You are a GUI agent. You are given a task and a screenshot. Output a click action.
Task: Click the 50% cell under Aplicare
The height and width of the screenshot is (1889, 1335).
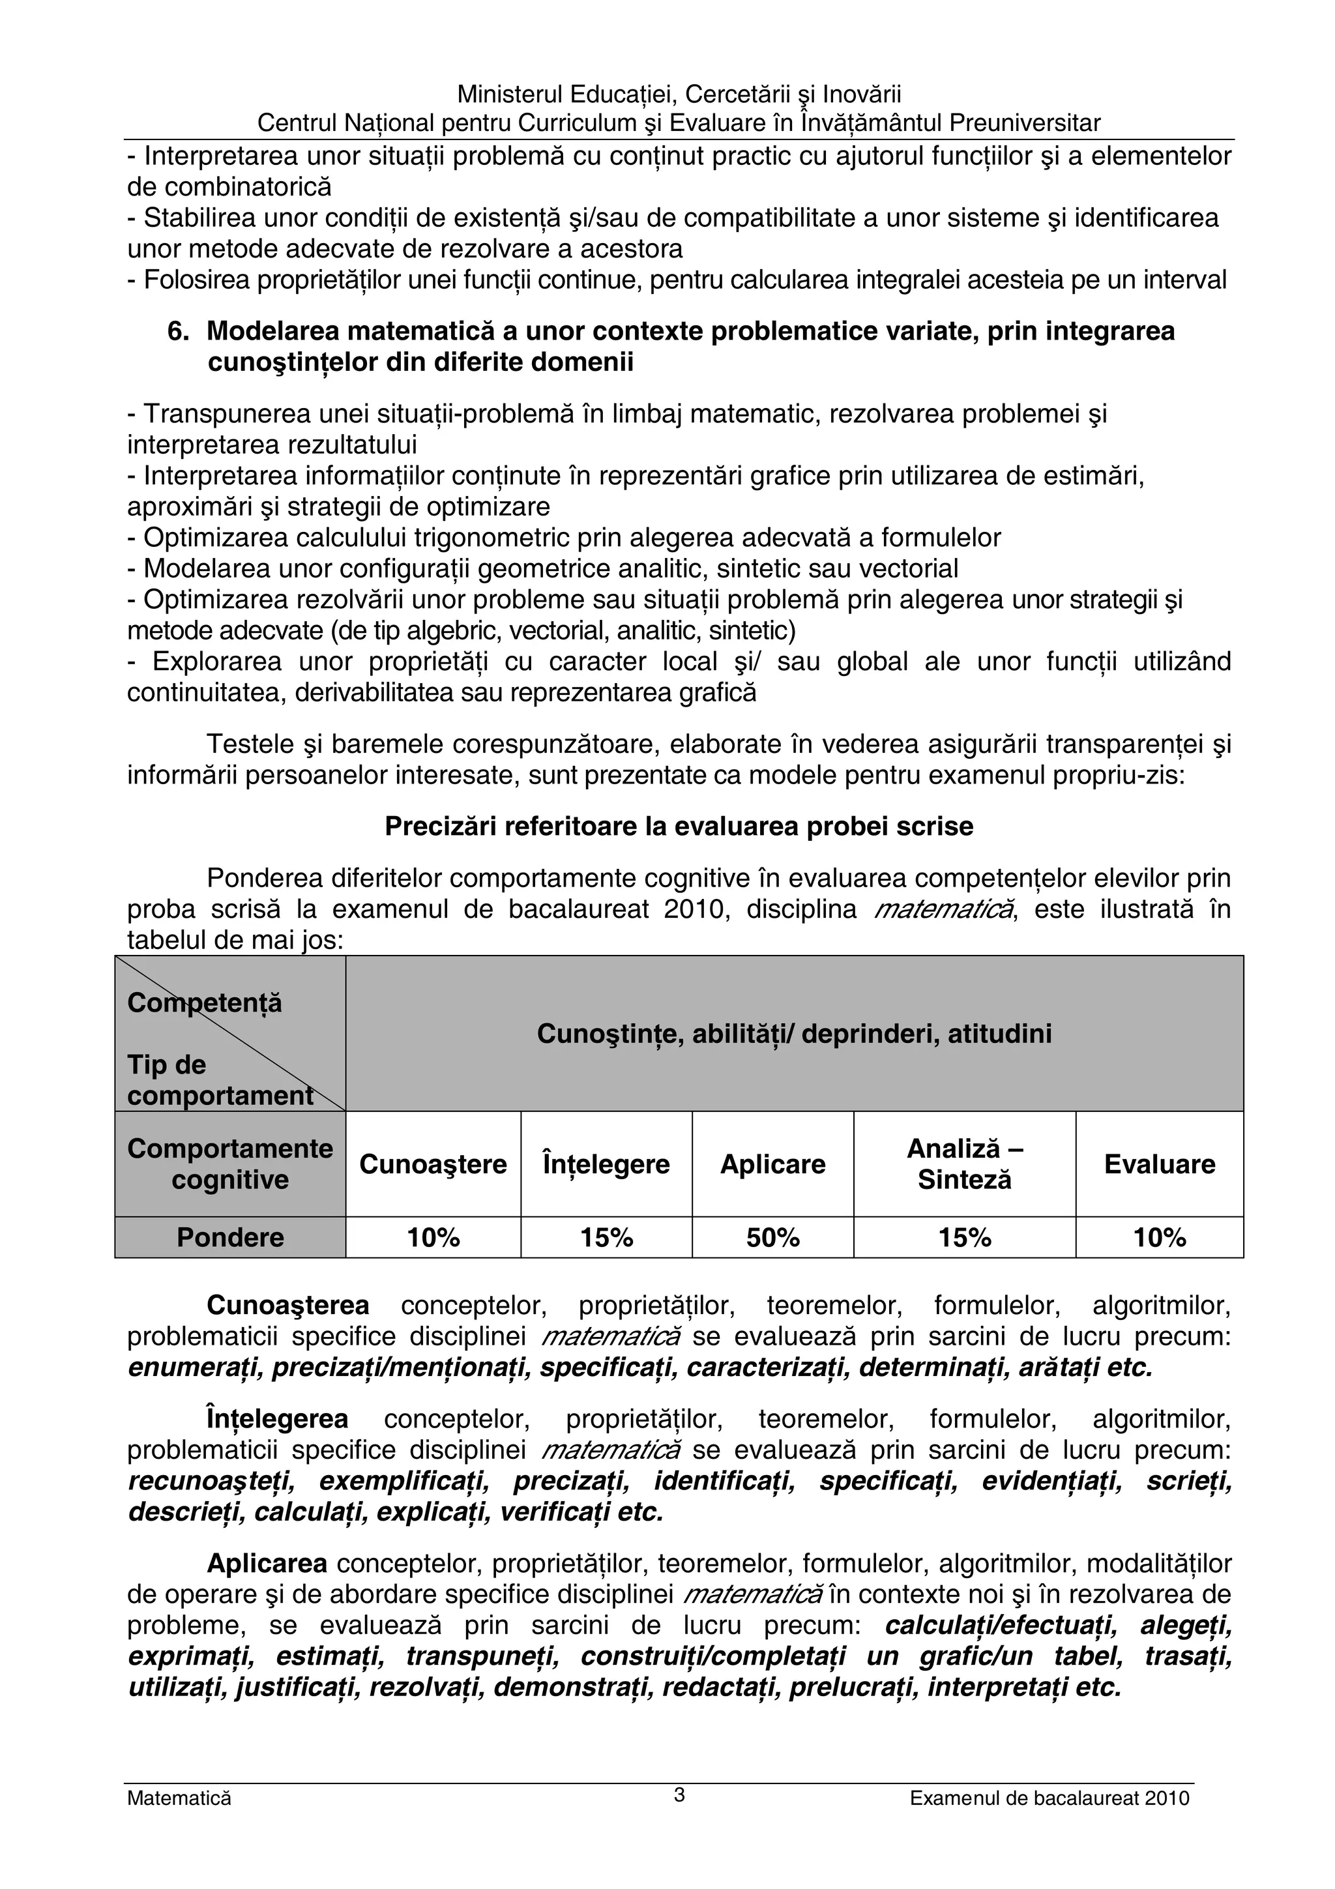[x=772, y=1237]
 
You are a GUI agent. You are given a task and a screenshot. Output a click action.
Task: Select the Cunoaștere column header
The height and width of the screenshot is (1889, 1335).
[x=433, y=1164]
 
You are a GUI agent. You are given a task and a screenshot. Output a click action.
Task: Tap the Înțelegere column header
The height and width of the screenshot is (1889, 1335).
[x=606, y=1164]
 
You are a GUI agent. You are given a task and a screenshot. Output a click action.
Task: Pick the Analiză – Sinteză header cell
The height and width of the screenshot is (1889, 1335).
[x=964, y=1164]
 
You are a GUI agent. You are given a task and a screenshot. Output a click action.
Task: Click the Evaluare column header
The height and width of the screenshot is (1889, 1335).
[x=1159, y=1164]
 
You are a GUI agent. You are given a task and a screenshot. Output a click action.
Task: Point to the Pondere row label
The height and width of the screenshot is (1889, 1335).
[x=229, y=1237]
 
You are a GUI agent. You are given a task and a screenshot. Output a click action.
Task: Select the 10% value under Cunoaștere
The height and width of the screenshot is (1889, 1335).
[x=433, y=1237]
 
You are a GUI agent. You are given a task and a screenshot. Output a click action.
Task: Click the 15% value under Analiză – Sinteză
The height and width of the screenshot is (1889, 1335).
[x=964, y=1237]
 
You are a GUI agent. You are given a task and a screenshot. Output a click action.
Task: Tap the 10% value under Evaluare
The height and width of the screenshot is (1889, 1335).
[x=1159, y=1237]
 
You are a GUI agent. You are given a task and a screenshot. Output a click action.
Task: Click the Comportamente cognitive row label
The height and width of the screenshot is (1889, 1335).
[x=229, y=1164]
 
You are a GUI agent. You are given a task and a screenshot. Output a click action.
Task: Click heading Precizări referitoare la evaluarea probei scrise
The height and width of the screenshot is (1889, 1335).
[x=679, y=826]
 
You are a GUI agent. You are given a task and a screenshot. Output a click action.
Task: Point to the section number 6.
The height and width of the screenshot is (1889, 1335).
[x=178, y=330]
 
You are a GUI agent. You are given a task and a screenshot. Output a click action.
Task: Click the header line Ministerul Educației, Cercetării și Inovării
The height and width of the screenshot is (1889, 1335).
[x=679, y=94]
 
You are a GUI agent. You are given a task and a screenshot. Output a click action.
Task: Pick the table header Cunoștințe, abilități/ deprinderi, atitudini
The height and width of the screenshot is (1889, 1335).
[x=794, y=1033]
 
